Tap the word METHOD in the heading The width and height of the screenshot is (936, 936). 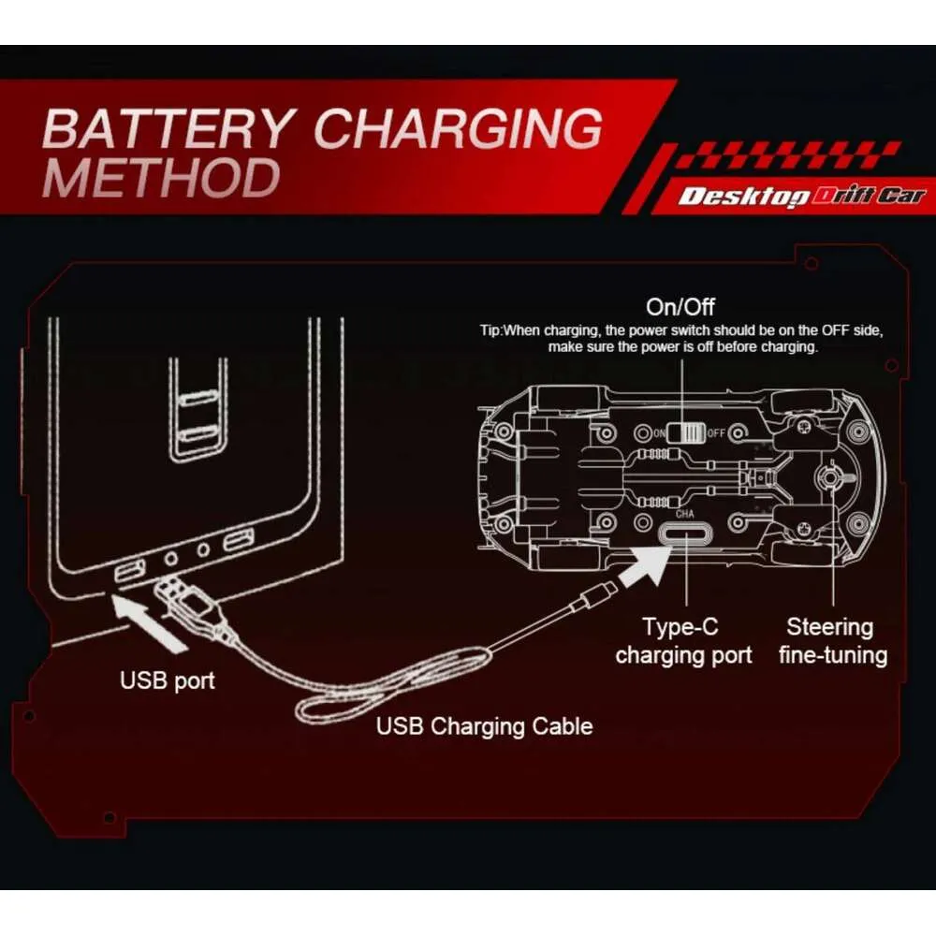click(x=161, y=177)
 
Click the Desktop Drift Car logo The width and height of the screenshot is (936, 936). click(x=801, y=196)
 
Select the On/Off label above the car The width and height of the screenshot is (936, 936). click(x=680, y=306)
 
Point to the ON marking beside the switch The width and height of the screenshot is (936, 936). click(x=658, y=433)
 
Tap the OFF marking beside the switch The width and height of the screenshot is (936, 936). click(x=716, y=433)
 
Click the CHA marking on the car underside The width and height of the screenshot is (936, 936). click(x=686, y=513)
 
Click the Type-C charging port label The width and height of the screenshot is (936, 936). click(x=683, y=640)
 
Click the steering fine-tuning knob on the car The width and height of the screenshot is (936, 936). click(x=829, y=476)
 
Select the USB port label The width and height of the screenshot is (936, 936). click(x=168, y=680)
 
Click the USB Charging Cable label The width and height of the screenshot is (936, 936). click(x=484, y=725)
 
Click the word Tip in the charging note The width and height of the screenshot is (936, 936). click(x=492, y=331)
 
